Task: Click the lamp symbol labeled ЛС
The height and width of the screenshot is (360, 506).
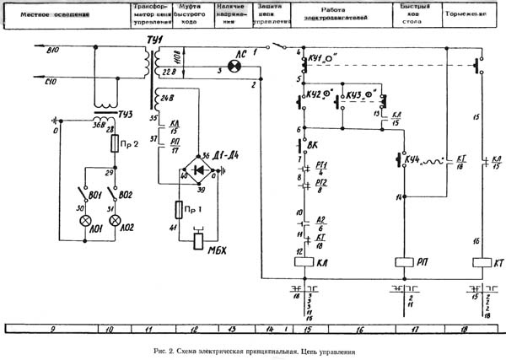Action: (239, 64)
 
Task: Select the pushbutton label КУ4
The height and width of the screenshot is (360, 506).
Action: (411, 159)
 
